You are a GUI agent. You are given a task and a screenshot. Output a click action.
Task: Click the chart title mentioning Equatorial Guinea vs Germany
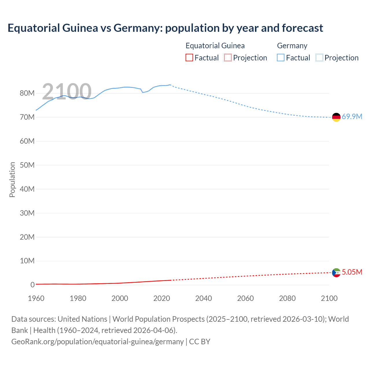(165, 28)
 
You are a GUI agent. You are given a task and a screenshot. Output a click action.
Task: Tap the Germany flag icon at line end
(336, 117)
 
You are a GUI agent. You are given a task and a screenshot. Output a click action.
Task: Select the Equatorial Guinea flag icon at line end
(336, 273)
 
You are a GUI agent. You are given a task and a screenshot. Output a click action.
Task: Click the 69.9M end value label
(352, 117)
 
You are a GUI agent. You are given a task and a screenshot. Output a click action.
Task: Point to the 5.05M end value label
(352, 272)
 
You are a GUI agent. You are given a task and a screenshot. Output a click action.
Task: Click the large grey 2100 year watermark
(67, 92)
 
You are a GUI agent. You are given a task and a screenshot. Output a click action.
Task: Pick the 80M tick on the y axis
(27, 93)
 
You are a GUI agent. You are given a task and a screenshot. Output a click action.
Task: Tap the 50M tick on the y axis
(27, 165)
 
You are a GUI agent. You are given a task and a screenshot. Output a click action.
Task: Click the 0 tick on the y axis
(32, 285)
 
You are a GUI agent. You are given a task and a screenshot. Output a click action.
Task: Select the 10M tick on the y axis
(27, 261)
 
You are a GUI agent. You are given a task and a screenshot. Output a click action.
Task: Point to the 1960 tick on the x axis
(36, 298)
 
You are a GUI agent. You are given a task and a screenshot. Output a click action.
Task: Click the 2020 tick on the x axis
(162, 298)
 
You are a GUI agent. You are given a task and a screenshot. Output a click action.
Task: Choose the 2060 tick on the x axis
(245, 298)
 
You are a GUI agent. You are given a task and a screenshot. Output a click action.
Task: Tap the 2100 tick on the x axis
(329, 298)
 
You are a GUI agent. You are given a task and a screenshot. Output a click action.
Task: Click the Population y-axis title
(12, 180)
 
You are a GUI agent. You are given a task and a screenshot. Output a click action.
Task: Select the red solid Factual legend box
(189, 58)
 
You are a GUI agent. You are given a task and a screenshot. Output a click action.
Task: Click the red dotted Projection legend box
(228, 58)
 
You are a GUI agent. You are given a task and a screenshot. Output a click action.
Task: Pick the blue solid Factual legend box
(281, 58)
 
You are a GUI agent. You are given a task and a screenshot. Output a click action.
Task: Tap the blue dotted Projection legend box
(319, 58)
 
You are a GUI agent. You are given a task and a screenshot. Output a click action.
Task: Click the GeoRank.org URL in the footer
(97, 342)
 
